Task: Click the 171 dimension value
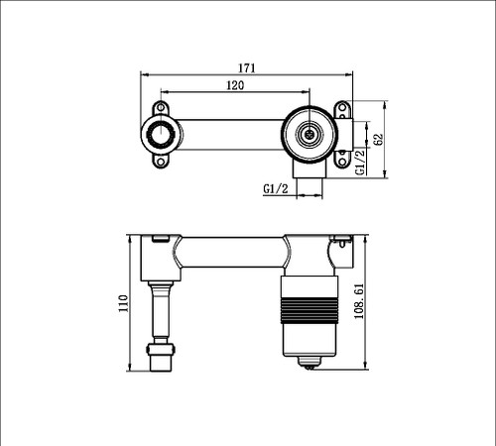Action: coord(247,68)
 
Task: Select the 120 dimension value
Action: coord(236,86)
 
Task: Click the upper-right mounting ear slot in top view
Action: coord(344,106)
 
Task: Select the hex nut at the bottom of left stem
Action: coord(162,353)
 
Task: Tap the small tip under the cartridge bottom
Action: coord(311,366)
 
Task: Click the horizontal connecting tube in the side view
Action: coord(234,253)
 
